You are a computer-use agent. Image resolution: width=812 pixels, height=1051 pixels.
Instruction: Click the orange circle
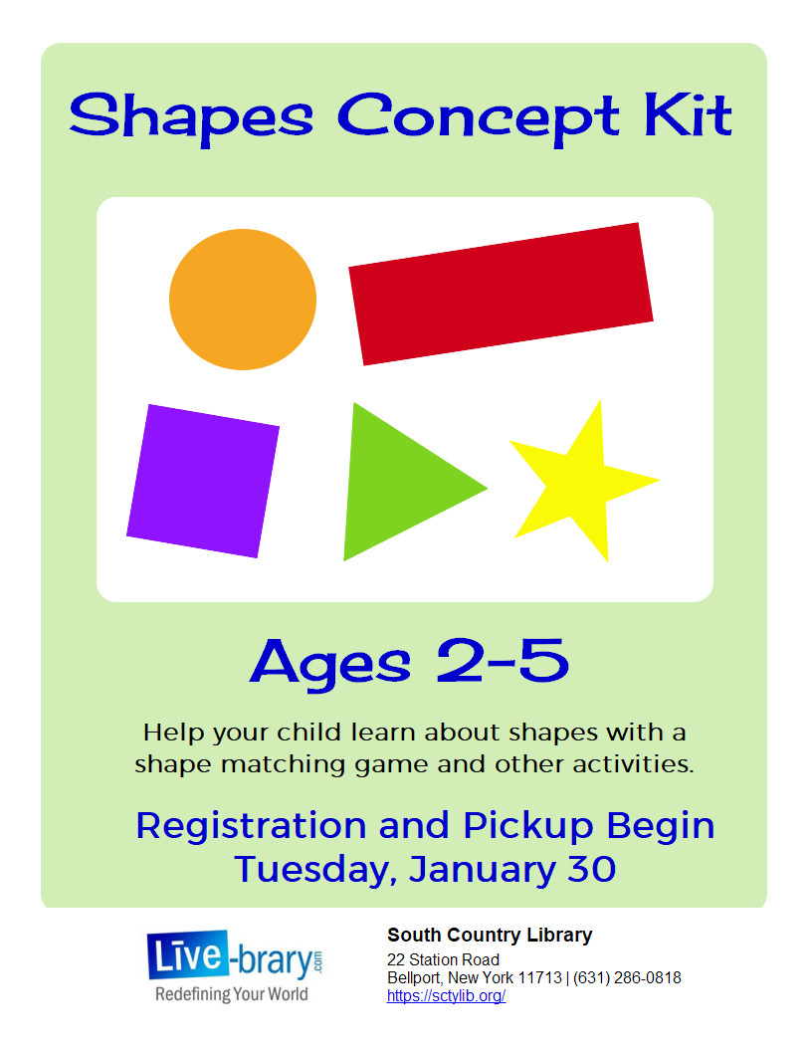click(x=243, y=300)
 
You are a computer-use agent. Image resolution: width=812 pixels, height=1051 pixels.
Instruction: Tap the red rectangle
click(x=502, y=295)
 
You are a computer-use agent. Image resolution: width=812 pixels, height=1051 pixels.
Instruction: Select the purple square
click(x=203, y=481)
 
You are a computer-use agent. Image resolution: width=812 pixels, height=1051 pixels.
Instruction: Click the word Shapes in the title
click(x=192, y=118)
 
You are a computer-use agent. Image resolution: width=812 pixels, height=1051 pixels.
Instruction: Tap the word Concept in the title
click(x=479, y=118)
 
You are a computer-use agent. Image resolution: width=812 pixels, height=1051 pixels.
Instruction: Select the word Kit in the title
click(x=688, y=114)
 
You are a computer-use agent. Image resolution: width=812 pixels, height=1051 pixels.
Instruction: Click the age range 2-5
click(x=503, y=661)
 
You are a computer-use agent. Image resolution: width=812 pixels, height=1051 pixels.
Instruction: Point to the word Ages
click(x=330, y=664)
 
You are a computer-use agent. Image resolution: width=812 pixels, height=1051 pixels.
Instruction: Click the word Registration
click(x=251, y=826)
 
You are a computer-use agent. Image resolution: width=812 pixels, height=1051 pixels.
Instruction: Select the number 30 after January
click(x=591, y=869)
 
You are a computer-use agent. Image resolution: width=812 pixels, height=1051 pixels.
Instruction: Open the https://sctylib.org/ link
click(x=446, y=996)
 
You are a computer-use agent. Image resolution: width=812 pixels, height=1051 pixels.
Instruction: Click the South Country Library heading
click(x=490, y=935)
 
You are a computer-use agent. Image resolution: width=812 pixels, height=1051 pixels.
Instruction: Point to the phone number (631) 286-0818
click(x=627, y=978)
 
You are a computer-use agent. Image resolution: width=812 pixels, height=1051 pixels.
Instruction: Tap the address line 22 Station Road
click(x=444, y=959)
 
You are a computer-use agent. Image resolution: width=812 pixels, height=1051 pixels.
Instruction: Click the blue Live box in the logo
click(x=188, y=955)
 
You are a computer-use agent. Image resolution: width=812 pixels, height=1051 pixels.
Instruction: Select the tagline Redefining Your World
click(x=232, y=994)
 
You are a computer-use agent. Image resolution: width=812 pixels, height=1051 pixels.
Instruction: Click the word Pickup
click(x=528, y=827)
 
